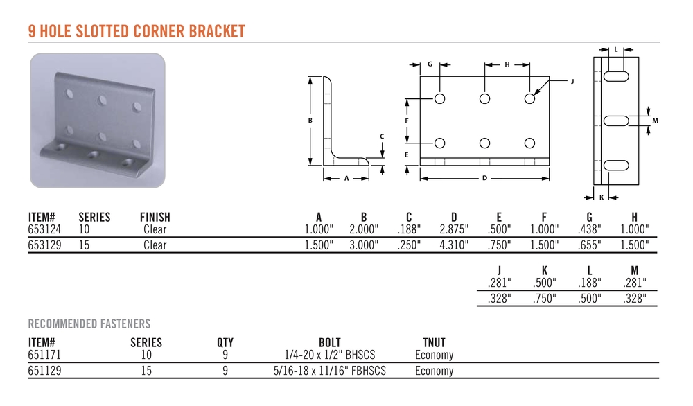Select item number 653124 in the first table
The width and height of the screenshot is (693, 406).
click(44, 229)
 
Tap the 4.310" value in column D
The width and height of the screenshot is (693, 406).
click(454, 245)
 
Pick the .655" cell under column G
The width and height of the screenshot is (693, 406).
click(589, 245)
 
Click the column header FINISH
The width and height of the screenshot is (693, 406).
click(155, 217)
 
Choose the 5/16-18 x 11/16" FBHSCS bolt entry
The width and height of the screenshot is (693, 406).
click(330, 371)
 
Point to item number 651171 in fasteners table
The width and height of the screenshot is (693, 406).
click(44, 355)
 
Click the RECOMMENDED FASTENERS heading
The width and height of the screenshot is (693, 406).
click(89, 324)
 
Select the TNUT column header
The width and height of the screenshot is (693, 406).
click(434, 342)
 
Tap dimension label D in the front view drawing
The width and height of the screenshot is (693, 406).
click(485, 178)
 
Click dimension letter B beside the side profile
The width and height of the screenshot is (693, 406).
click(310, 120)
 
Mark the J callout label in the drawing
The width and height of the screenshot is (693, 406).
click(572, 81)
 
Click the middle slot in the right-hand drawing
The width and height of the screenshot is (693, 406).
click(616, 121)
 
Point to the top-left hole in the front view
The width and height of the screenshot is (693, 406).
click(440, 98)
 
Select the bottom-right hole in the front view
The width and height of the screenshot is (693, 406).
click(530, 143)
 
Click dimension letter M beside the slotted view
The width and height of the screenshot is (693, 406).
click(655, 121)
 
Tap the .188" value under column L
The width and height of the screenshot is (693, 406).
click(589, 282)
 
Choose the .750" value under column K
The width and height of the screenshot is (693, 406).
click(544, 298)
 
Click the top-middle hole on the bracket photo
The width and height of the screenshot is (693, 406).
click(103, 100)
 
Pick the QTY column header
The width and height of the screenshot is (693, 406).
click(225, 342)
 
